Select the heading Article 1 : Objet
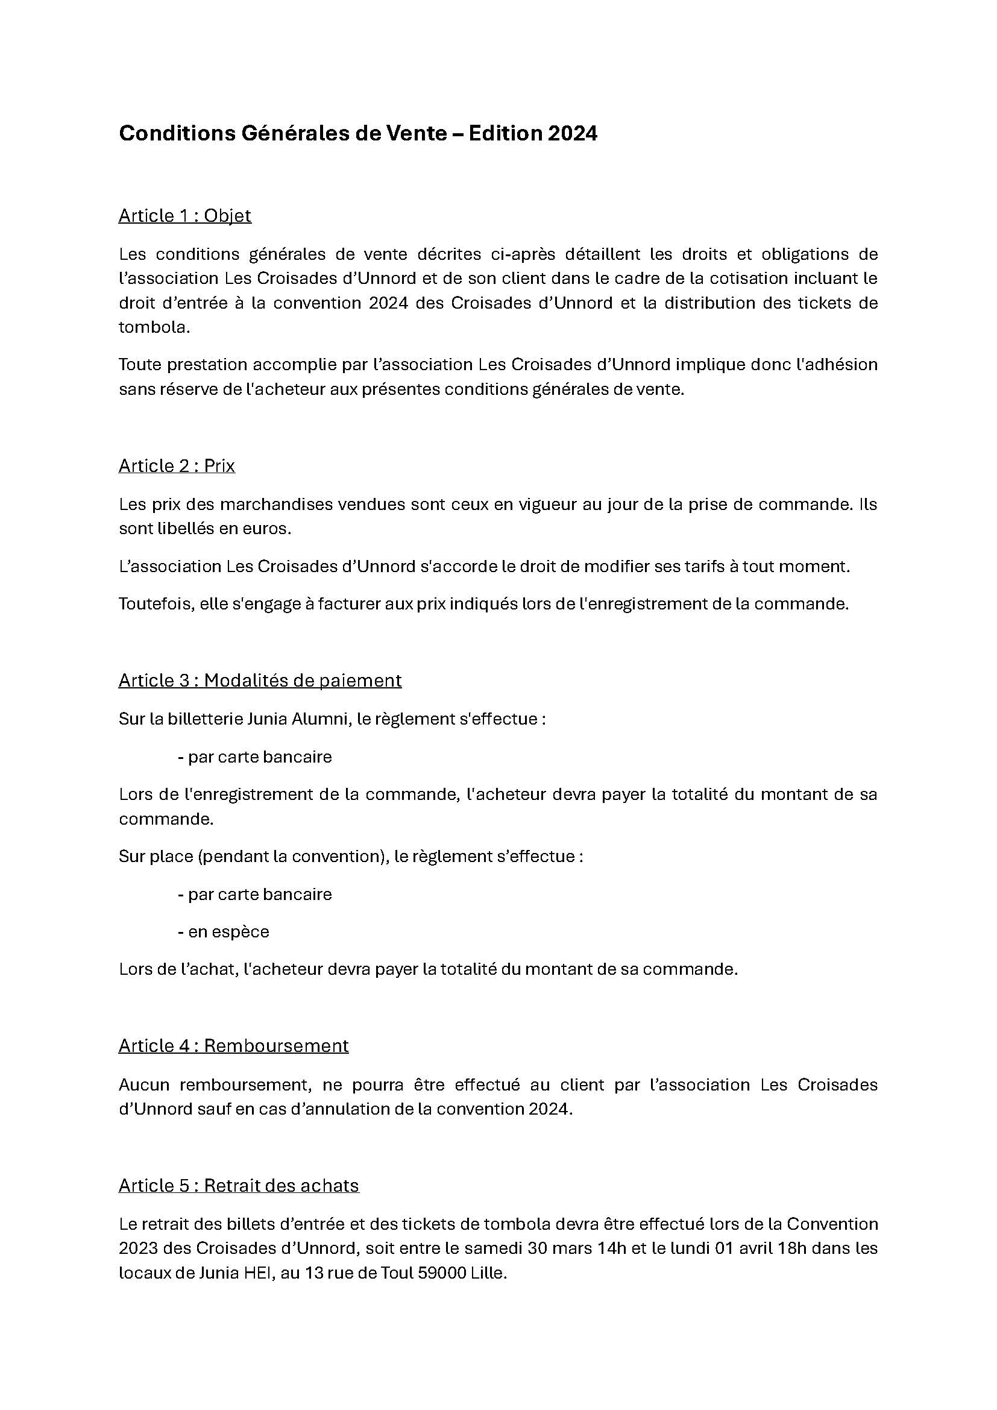click(x=185, y=216)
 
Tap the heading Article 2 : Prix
click(x=177, y=465)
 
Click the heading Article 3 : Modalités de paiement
click(x=260, y=680)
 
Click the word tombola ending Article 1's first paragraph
click(x=153, y=327)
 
